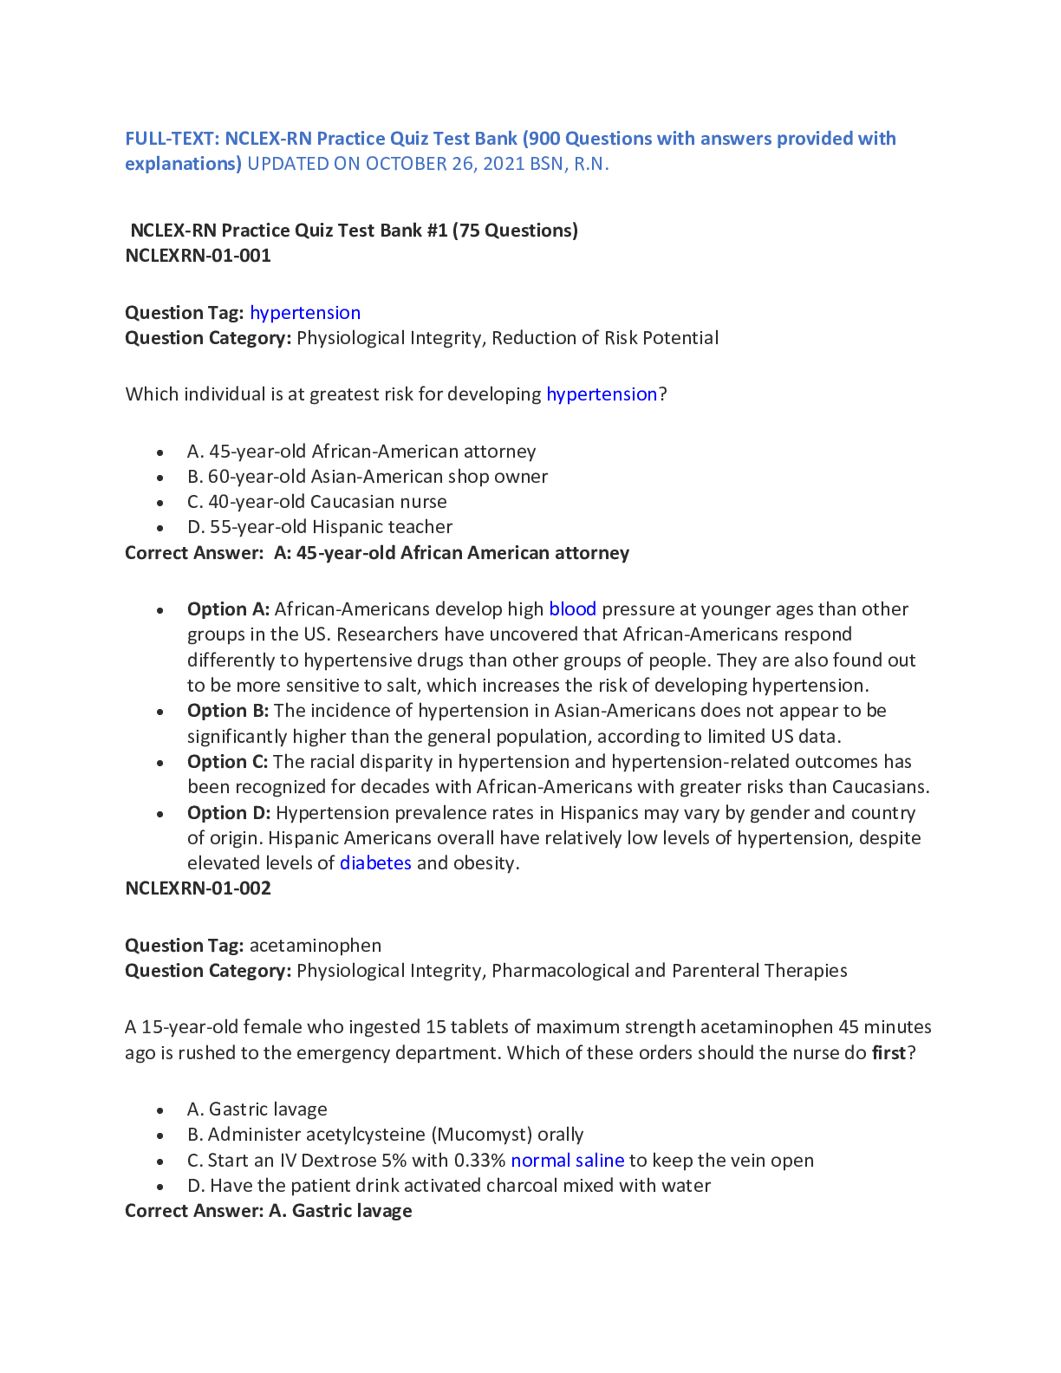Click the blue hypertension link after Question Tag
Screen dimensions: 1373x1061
305,313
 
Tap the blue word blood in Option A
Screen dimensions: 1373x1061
572,609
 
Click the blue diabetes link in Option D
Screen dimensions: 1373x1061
375,863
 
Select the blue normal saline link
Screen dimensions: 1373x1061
567,1161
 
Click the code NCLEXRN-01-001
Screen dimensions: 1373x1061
198,256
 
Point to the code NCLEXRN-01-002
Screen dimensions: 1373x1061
198,888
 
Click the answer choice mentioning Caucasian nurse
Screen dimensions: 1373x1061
317,502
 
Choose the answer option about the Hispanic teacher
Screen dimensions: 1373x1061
320,527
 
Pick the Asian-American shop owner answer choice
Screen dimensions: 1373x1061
368,477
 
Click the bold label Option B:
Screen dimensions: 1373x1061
228,711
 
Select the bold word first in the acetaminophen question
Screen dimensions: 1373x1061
889,1053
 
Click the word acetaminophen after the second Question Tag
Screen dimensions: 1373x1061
316,946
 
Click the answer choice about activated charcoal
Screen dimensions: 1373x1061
449,1186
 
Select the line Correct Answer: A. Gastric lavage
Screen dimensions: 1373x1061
269,1211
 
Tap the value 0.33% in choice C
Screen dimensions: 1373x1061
479,1161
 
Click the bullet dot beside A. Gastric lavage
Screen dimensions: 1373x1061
160,1110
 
